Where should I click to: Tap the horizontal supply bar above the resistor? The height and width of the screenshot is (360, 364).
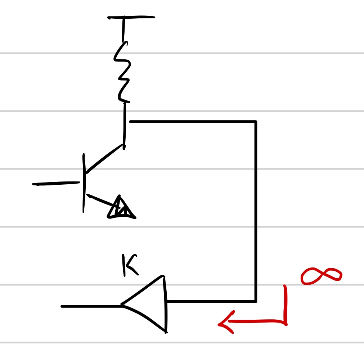(x=131, y=17)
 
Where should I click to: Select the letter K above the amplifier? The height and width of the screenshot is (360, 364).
(x=129, y=265)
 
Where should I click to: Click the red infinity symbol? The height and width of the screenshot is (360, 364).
(x=321, y=276)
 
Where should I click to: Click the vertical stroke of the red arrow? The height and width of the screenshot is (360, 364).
(x=285, y=304)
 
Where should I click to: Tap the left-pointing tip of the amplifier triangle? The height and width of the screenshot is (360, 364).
(x=123, y=305)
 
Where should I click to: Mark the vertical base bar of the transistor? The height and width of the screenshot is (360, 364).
(x=84, y=183)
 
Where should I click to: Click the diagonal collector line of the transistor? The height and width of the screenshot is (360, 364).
(x=104, y=159)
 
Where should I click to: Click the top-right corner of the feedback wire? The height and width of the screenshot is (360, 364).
(x=256, y=122)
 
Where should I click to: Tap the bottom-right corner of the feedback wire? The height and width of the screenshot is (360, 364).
(x=256, y=301)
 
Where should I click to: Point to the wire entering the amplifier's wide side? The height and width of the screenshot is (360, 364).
(x=211, y=301)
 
